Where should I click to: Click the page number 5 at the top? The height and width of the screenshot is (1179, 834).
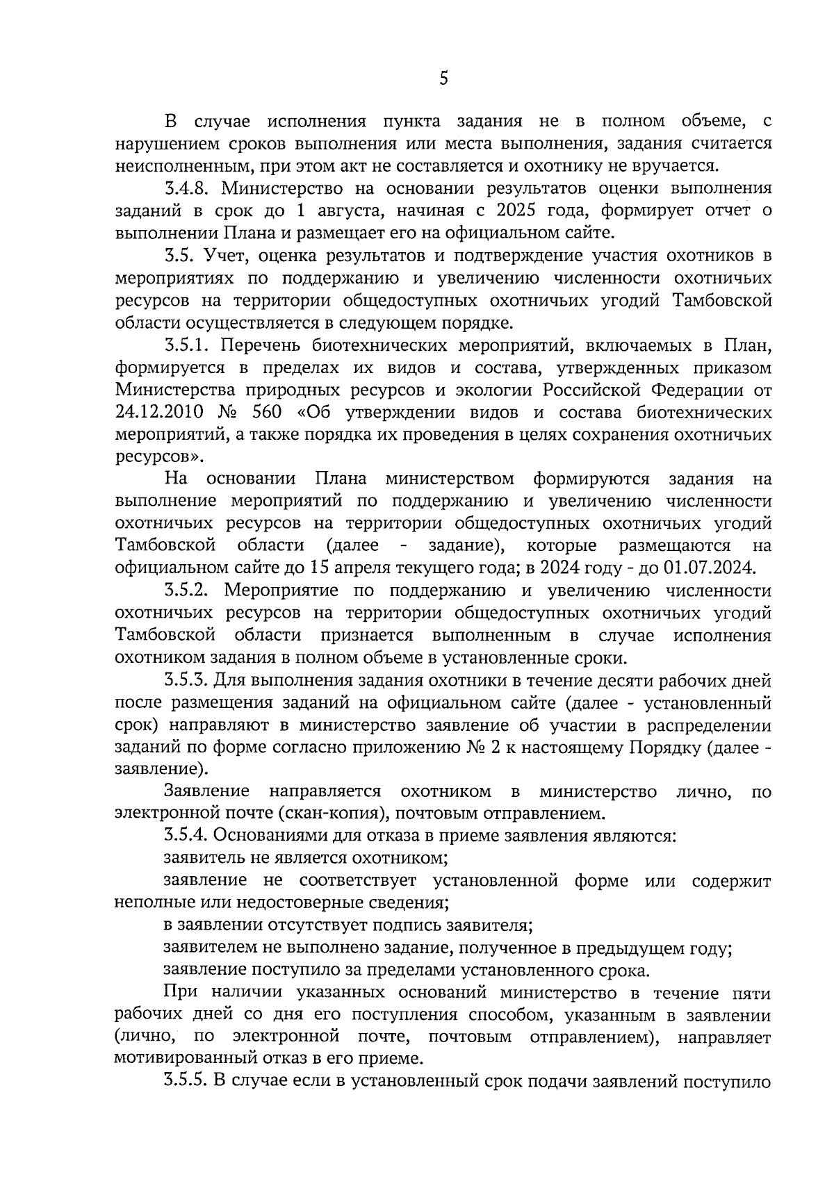[443, 79]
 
